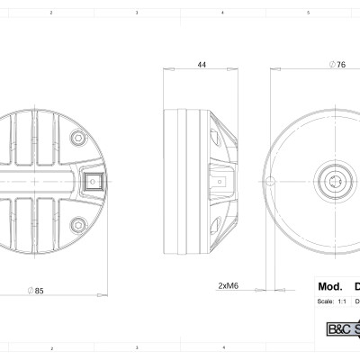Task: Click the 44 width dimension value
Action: tap(201, 65)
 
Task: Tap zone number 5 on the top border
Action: tap(309, 13)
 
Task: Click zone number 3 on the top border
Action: tap(137, 13)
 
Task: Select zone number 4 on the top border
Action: tap(222, 13)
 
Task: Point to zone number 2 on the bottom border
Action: tap(51, 346)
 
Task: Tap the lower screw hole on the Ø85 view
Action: tap(77, 222)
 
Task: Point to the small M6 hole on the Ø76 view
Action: tap(267, 180)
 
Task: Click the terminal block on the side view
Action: tap(219, 180)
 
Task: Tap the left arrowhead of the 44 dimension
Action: tap(166, 72)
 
